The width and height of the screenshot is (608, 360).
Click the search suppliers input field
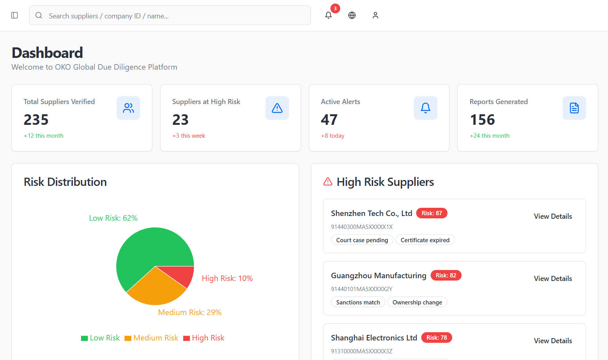(x=170, y=16)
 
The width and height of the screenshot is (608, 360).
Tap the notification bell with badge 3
(x=328, y=15)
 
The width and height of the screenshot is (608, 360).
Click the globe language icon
(x=352, y=15)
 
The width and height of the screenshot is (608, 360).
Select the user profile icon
(x=375, y=15)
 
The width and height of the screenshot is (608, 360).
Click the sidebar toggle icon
(x=14, y=15)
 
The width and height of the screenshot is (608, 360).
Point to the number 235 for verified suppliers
(x=36, y=120)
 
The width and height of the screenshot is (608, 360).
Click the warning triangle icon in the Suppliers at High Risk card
(x=277, y=108)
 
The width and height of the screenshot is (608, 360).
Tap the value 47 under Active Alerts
(x=329, y=120)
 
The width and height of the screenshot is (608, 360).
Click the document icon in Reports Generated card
(x=574, y=108)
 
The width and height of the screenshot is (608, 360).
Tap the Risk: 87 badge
(x=431, y=213)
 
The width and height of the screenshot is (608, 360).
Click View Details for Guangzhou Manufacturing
(x=553, y=279)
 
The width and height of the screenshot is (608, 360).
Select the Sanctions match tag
(x=358, y=302)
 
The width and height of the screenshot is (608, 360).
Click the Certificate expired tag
(x=425, y=240)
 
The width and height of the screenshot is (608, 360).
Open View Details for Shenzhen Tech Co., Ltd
(x=553, y=216)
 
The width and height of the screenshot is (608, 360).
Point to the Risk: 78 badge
(x=437, y=338)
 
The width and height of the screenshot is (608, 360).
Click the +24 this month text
(x=489, y=136)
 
